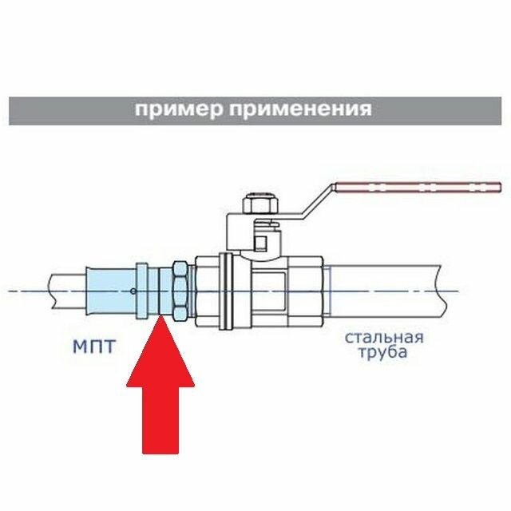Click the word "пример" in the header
[178, 109]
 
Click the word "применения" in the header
[299, 109]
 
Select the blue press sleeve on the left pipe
[112, 291]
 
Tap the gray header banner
[255, 109]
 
